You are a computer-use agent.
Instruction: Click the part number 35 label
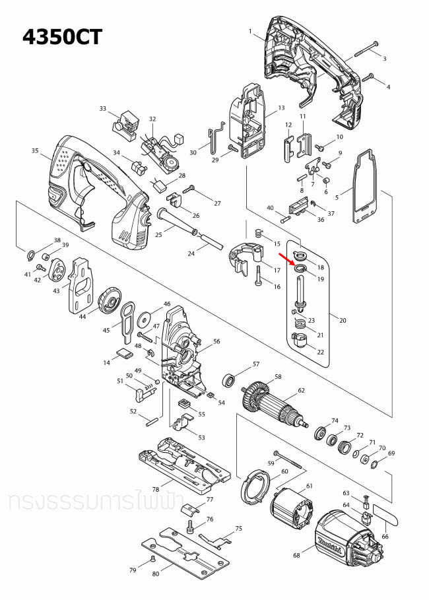pos(35,151)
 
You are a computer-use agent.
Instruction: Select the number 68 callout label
pos(296,555)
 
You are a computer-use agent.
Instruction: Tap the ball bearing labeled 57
pos(230,380)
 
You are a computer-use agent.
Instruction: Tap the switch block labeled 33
pos(125,122)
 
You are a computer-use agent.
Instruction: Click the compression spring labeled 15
pos(259,233)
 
